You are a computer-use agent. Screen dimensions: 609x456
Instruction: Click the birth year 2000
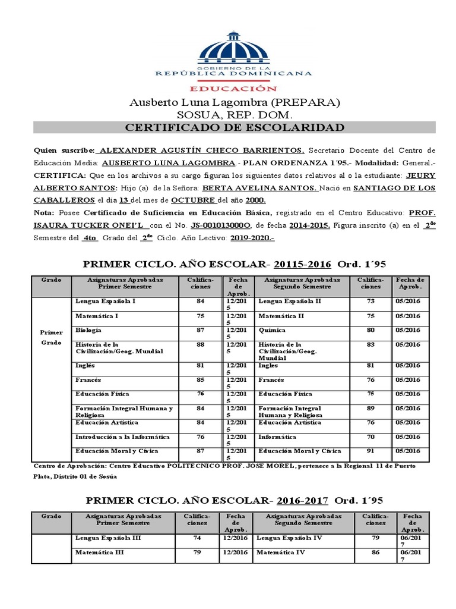pyautogui.click(x=255, y=200)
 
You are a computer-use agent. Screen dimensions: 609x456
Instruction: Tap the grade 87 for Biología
pyautogui.click(x=199, y=330)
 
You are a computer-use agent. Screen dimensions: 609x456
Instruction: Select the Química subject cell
pyautogui.click(x=272, y=330)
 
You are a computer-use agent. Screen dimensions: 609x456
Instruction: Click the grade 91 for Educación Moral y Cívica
pyautogui.click(x=370, y=451)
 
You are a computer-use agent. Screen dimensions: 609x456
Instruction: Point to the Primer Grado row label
pyautogui.click(x=51, y=338)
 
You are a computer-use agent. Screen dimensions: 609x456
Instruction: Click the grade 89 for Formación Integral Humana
pyautogui.click(x=370, y=409)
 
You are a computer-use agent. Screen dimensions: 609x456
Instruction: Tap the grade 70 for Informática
pyautogui.click(x=370, y=437)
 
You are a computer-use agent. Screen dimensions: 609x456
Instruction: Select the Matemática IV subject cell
pyautogui.click(x=281, y=553)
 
